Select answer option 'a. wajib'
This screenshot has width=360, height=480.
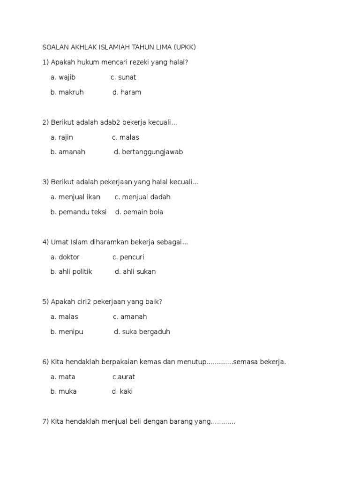63,77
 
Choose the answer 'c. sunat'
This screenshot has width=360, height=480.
123,77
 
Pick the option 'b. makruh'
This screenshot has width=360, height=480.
67,92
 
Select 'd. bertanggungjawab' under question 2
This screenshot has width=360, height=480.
148,152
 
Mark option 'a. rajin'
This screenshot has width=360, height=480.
62,137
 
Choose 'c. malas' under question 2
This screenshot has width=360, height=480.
126,137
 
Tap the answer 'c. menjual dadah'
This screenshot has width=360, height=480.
142,197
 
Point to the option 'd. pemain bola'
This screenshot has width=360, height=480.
139,212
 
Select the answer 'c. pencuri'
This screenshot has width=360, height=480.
128,257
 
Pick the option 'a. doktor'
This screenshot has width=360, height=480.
65,257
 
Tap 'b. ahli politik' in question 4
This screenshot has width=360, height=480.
71,272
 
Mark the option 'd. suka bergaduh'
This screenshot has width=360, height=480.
142,332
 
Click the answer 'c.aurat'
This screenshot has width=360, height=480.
124,377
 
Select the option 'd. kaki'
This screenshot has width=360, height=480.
122,391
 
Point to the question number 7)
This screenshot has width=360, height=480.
45,422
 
